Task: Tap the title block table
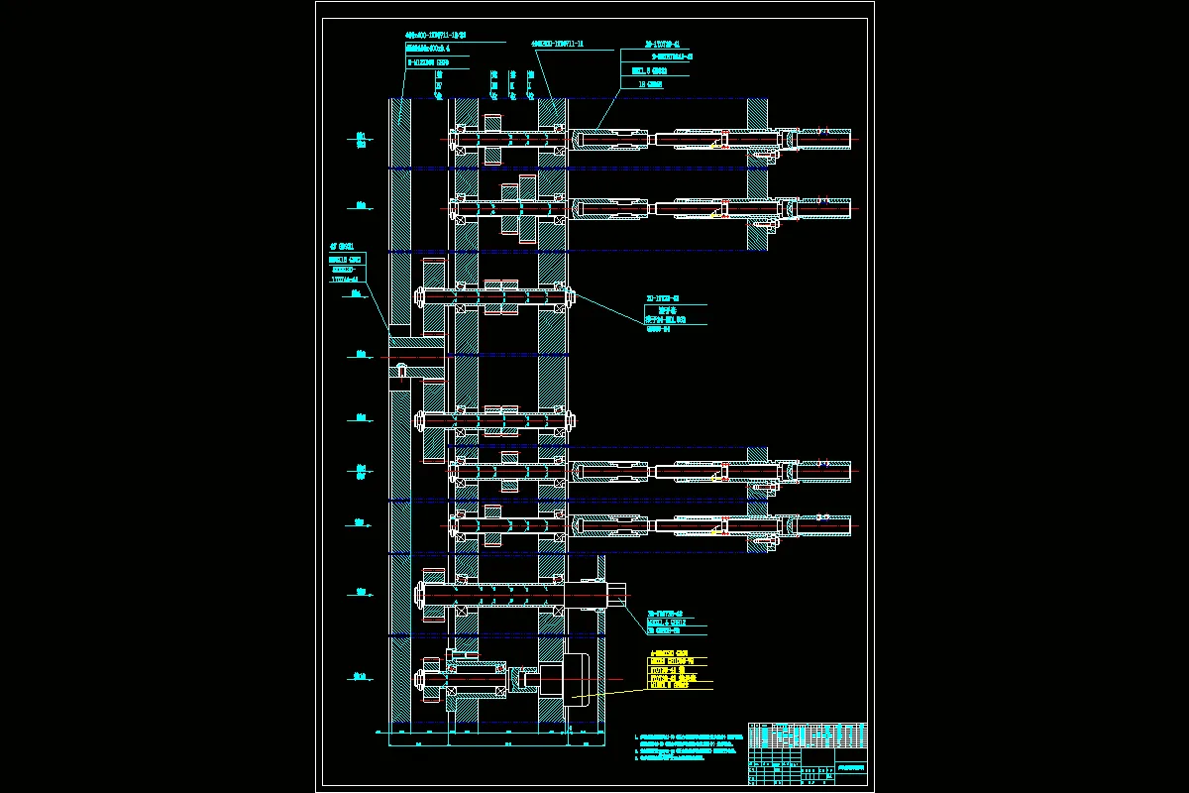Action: (808, 753)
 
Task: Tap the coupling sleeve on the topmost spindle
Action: (610, 140)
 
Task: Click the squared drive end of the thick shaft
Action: (615, 596)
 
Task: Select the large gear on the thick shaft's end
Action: (434, 596)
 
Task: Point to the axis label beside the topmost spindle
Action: (361, 140)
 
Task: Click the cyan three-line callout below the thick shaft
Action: (678, 623)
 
